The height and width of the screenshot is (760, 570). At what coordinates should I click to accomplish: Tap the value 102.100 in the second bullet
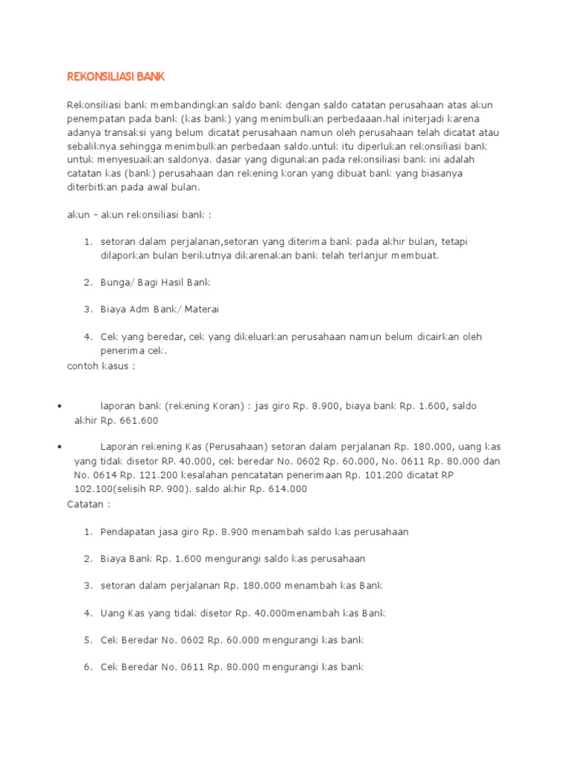(x=95, y=489)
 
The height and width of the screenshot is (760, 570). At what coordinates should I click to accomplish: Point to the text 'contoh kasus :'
(x=102, y=366)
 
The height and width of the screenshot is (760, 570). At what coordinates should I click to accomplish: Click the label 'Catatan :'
(x=88, y=504)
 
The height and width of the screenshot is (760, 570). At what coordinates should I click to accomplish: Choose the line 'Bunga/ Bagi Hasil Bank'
(x=155, y=282)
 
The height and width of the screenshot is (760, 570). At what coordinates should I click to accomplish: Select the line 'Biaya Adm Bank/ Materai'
(x=160, y=309)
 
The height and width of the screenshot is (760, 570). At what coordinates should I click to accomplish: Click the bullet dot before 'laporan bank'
(x=59, y=407)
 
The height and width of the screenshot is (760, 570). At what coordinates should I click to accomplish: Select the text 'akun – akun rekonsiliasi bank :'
(x=140, y=215)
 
